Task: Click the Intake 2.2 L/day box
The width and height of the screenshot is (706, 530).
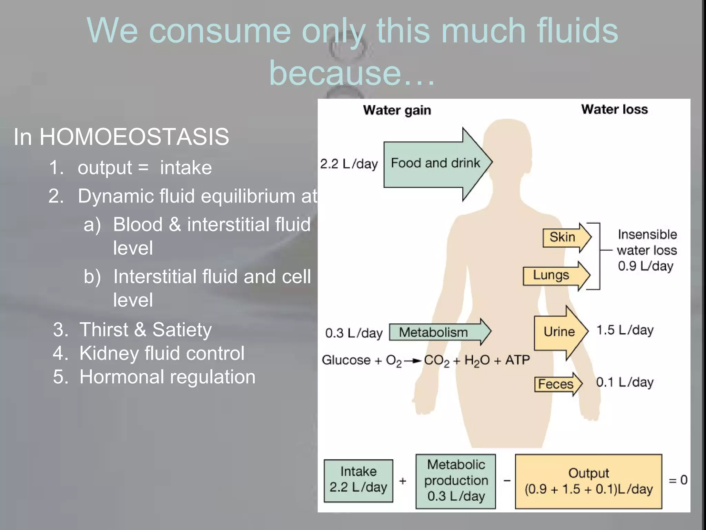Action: [x=358, y=480]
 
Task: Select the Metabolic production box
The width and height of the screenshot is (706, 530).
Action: [x=456, y=481]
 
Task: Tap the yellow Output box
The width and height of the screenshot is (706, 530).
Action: [x=588, y=481]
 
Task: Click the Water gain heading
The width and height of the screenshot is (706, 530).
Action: [x=397, y=110]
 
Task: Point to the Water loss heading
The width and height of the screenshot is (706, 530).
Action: [x=614, y=109]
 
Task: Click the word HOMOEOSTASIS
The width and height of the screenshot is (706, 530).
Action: [x=134, y=137]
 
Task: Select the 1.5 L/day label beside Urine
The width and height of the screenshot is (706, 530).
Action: [x=625, y=330]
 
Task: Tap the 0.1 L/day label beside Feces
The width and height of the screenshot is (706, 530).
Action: [x=625, y=382]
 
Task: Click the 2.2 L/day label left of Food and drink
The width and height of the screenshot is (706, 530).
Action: [x=349, y=164]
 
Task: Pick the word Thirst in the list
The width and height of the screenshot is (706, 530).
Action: [x=104, y=330]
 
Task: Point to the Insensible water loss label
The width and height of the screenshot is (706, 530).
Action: [x=647, y=250]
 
